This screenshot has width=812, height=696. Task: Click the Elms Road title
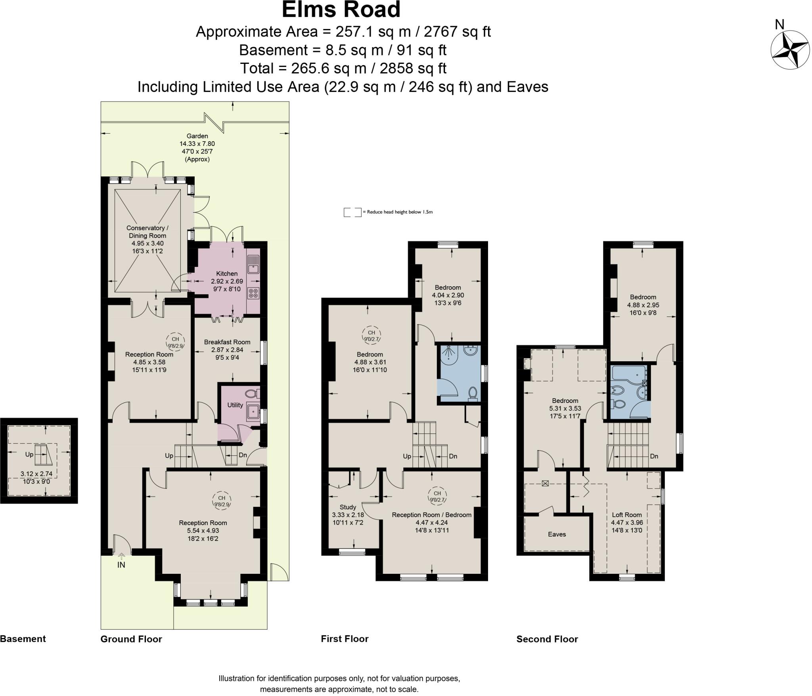341,10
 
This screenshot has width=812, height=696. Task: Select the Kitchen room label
227,274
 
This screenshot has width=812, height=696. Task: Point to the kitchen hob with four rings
253,293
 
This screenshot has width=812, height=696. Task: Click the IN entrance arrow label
121,565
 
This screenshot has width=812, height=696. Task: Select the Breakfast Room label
227,342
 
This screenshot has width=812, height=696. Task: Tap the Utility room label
235,405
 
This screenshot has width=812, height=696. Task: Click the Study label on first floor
348,507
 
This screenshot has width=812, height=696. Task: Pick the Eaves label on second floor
557,534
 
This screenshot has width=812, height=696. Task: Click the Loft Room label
626,515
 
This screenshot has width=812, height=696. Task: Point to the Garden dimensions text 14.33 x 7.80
197,144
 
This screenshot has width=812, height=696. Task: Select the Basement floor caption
23,639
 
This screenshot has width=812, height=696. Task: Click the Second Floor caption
547,639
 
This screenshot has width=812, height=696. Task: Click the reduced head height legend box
352,212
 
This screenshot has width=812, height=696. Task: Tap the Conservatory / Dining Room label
147,232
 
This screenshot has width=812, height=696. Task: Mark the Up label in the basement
29,454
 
